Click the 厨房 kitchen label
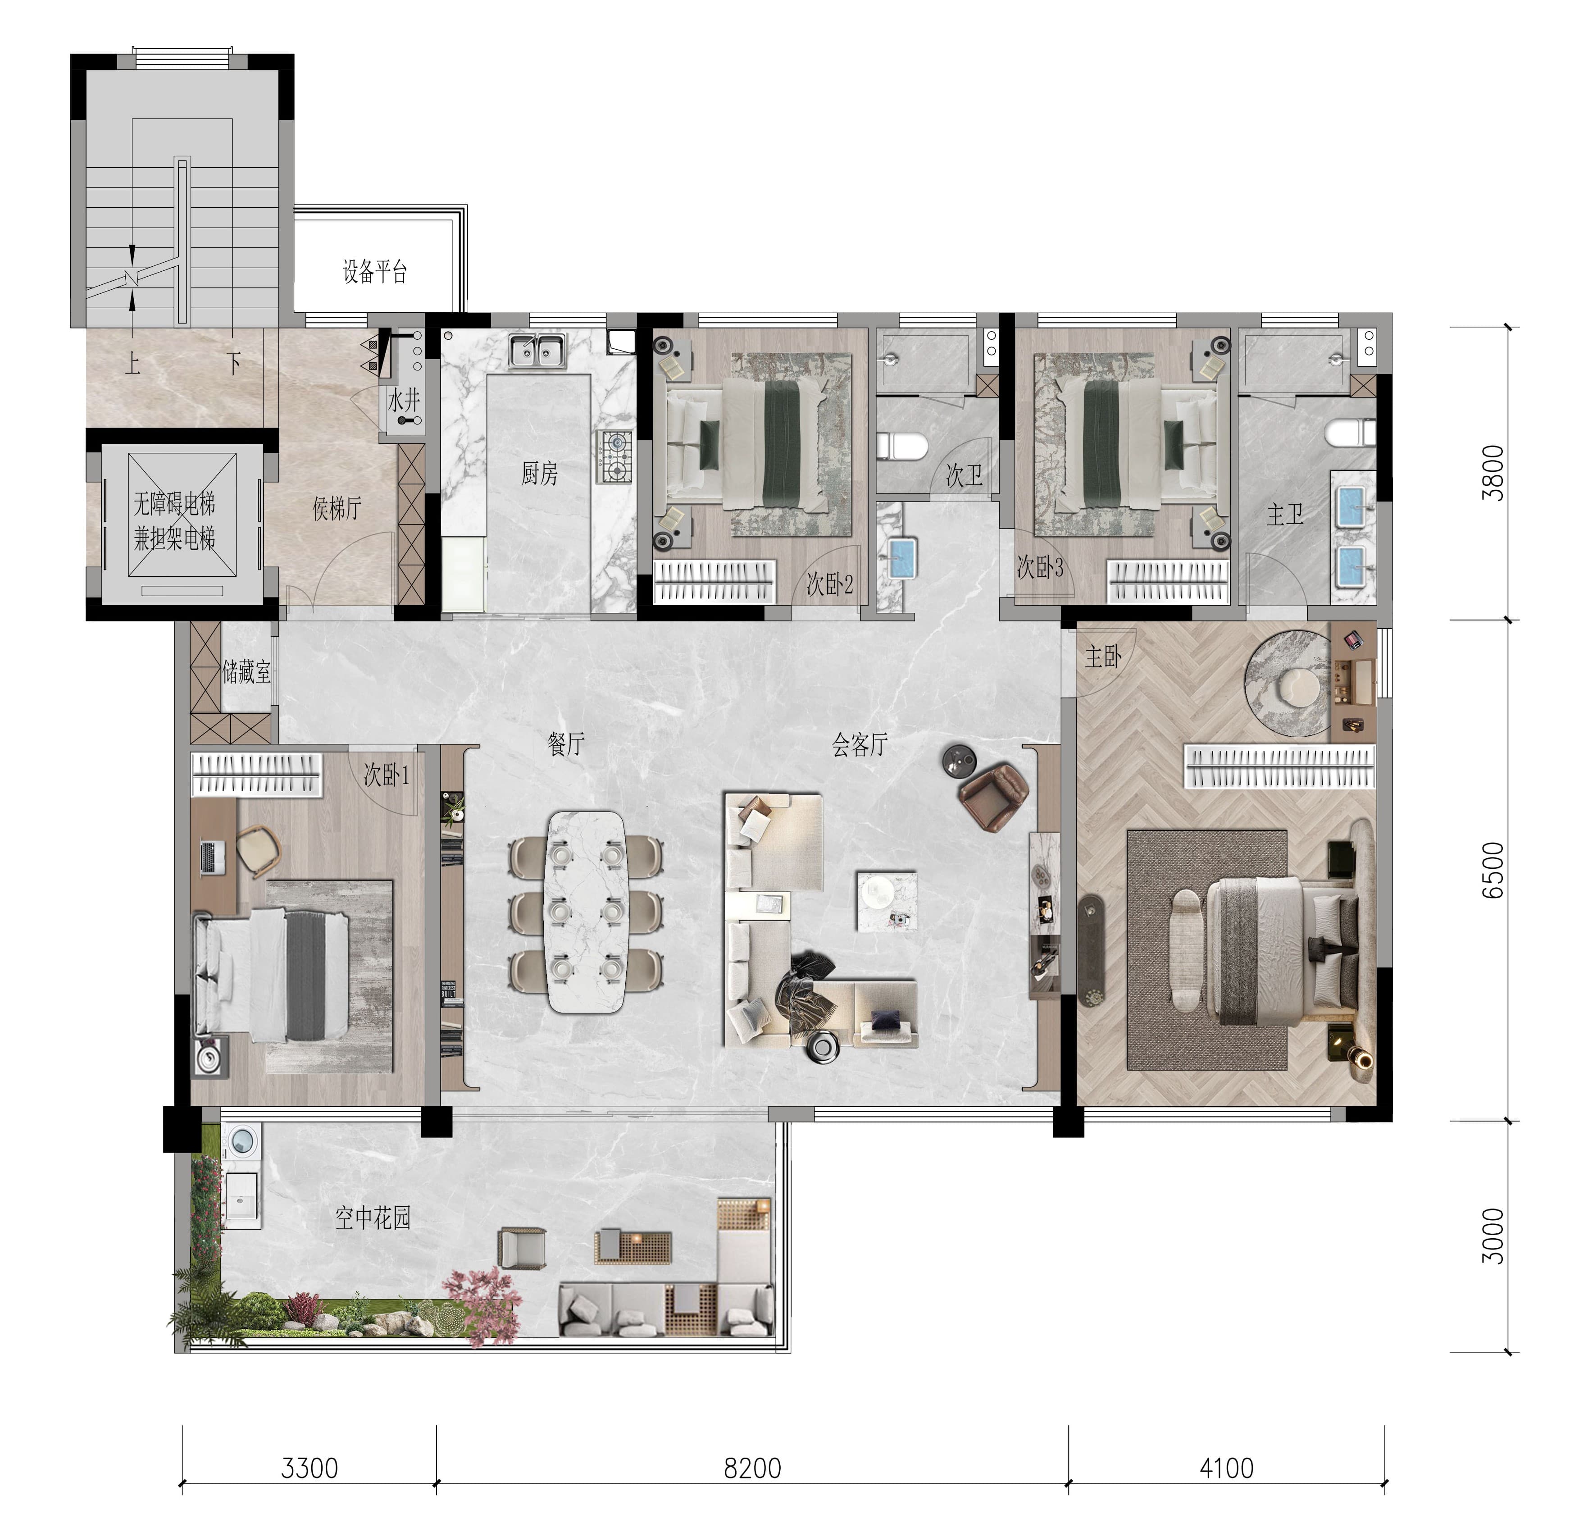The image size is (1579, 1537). pos(539,473)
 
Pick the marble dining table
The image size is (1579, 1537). pos(587,912)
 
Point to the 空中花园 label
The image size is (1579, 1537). pos(373,1218)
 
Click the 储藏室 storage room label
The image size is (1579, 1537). pos(246,672)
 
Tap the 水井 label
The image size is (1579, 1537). pos(404,401)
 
